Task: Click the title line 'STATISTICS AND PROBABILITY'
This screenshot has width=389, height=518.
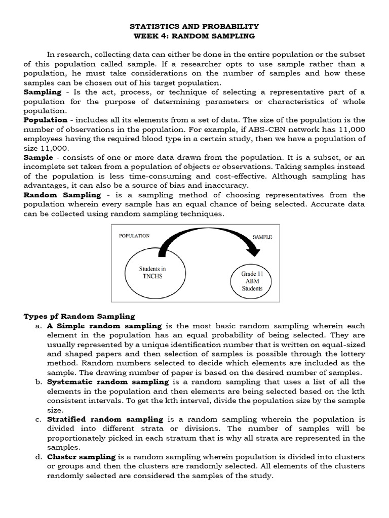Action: pyautogui.click(x=194, y=26)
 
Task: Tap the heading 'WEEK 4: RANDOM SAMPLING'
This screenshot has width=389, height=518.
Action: pyautogui.click(x=194, y=36)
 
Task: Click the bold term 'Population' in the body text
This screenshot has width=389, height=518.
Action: pyautogui.click(x=46, y=120)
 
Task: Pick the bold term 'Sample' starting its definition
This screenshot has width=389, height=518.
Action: pyautogui.click(x=38, y=157)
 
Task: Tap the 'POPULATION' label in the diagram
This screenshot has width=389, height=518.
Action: pyautogui.click(x=134, y=236)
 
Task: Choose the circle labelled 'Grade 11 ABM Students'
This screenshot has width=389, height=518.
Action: pyautogui.click(x=252, y=281)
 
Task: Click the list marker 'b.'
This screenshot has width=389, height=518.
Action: pyautogui.click(x=38, y=382)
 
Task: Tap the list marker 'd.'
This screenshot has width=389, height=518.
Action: pyautogui.click(x=38, y=457)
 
